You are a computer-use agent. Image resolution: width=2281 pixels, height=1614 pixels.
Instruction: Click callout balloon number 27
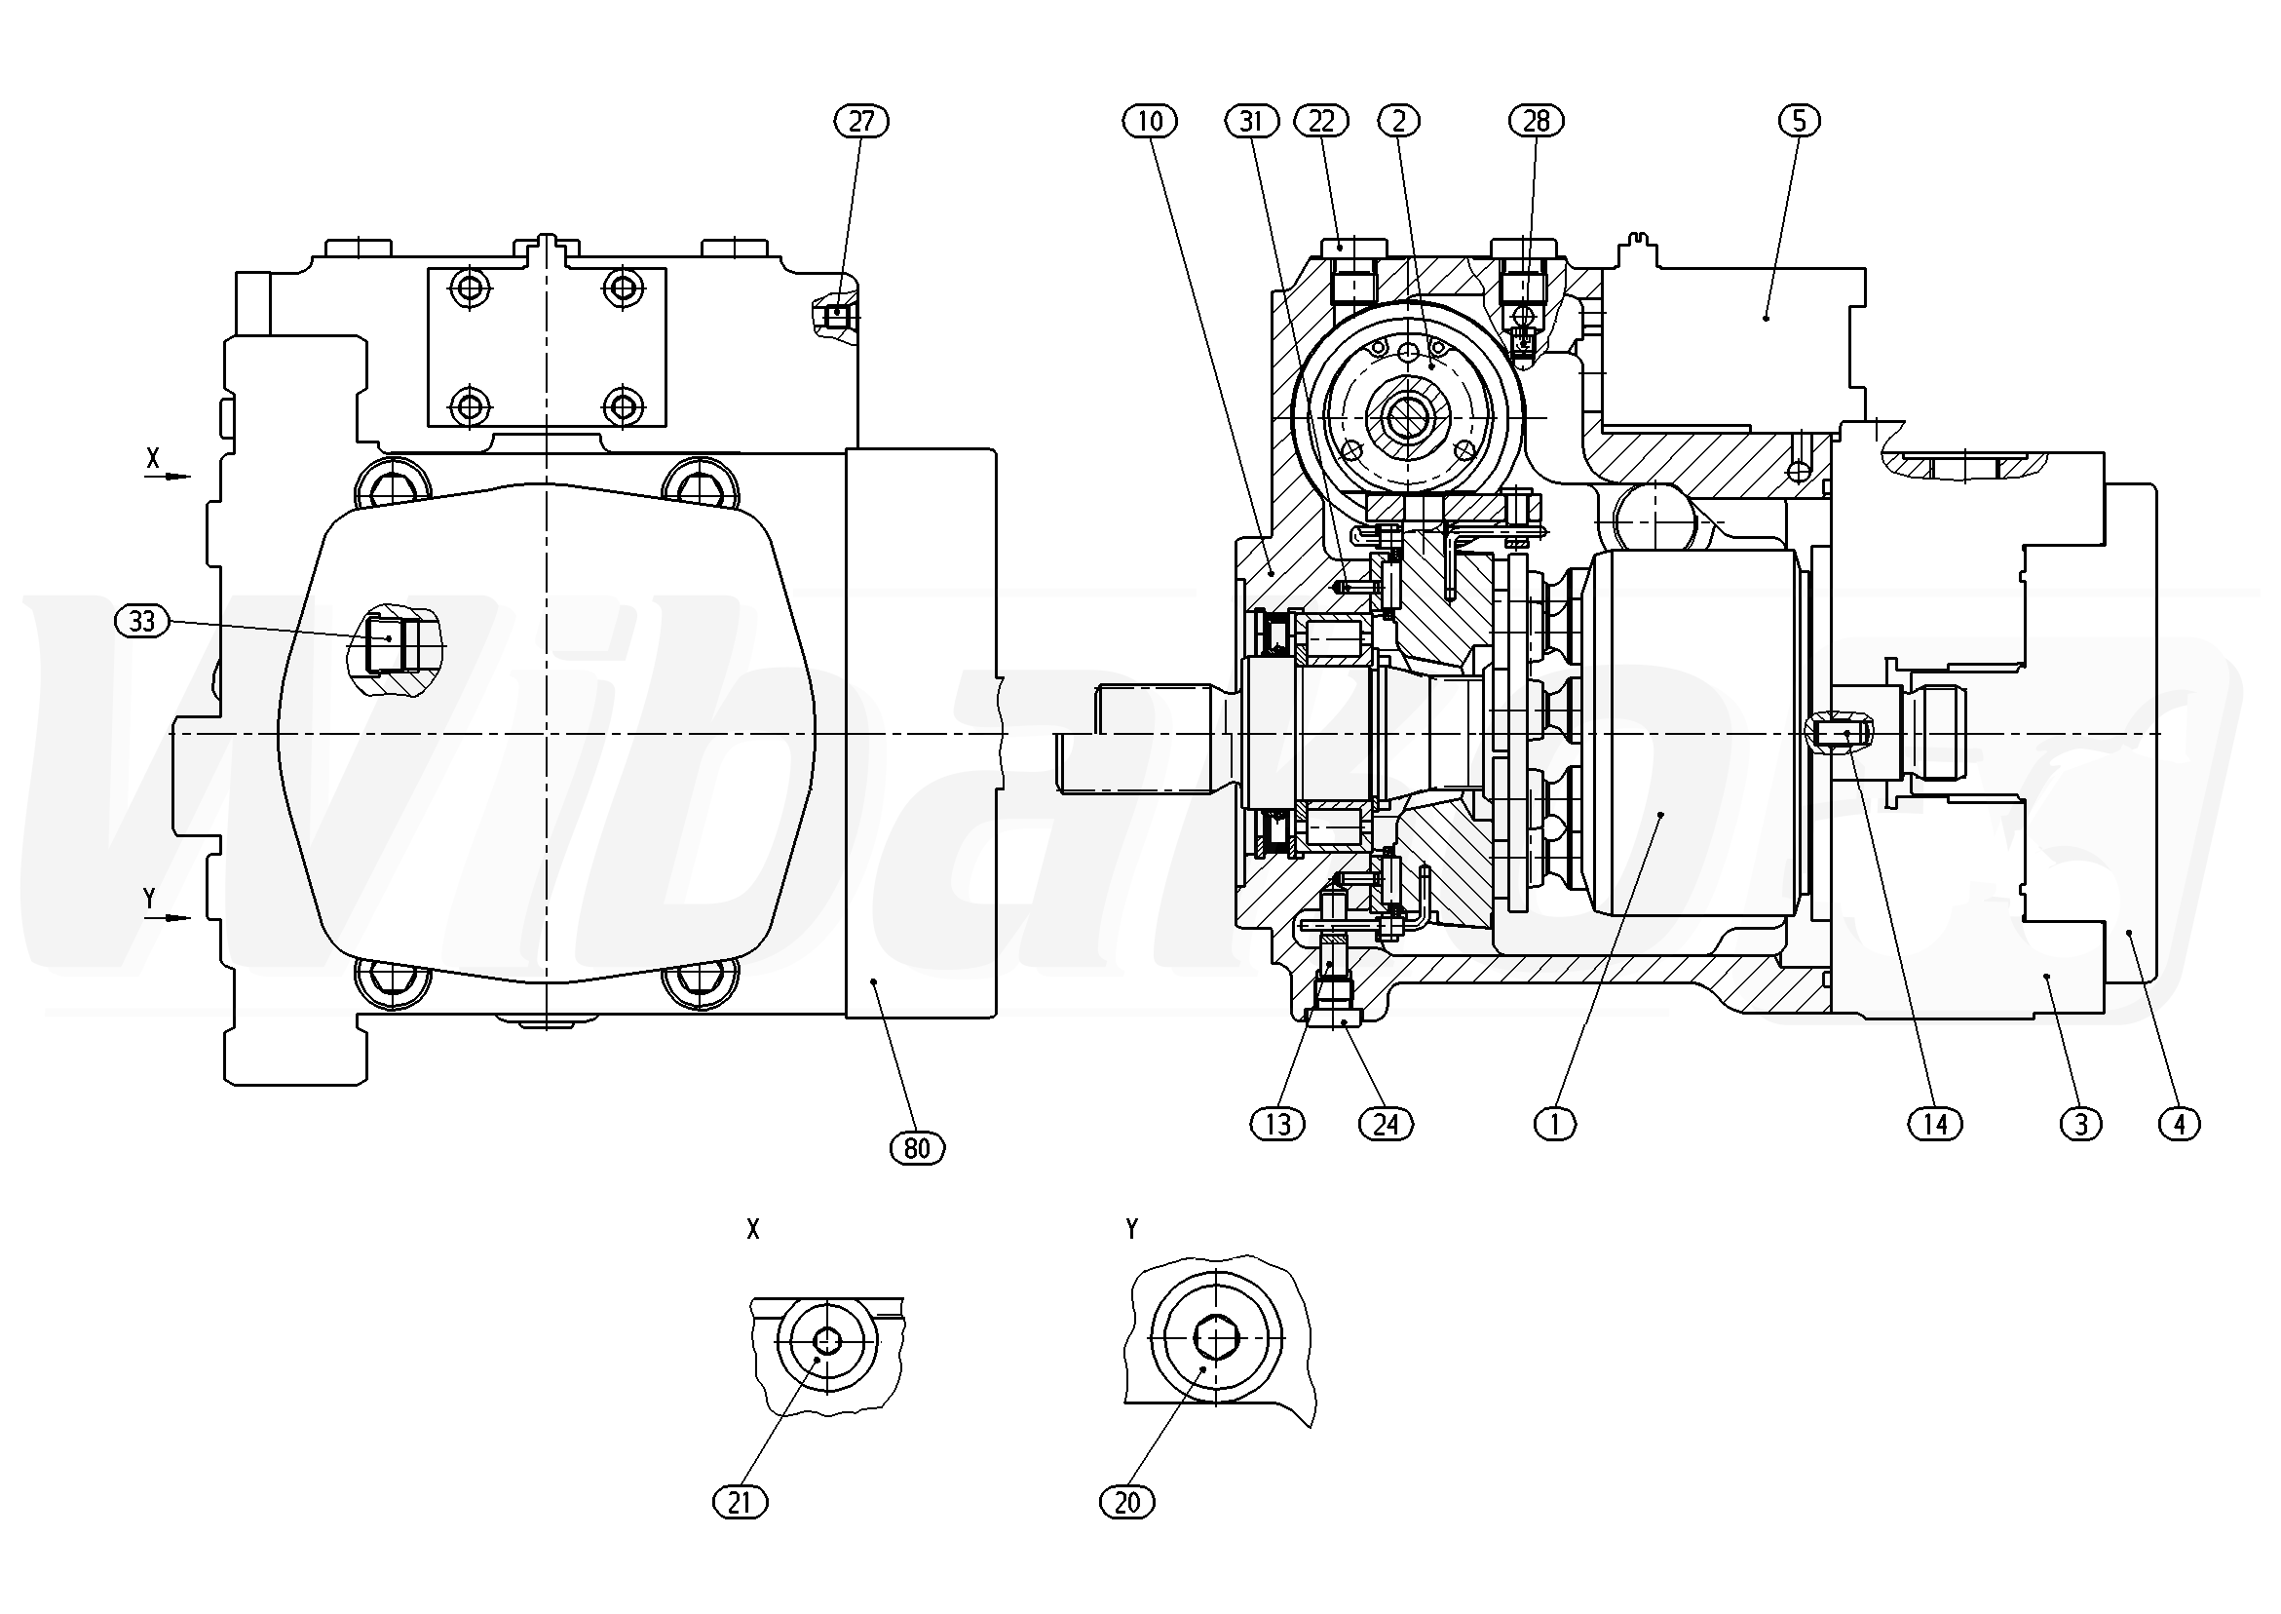pyautogui.click(x=860, y=121)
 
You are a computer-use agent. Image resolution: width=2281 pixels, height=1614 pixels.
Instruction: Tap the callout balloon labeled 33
pyautogui.click(x=142, y=622)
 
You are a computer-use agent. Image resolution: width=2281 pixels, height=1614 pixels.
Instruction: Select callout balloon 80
pyautogui.click(x=916, y=1149)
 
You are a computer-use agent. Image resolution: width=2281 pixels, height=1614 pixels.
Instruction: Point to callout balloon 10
pyautogui.click(x=1150, y=121)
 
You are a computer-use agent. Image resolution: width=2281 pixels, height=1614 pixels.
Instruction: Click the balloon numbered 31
pyautogui.click(x=1251, y=121)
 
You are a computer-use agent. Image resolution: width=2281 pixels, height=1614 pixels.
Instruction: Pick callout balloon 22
pyautogui.click(x=1321, y=121)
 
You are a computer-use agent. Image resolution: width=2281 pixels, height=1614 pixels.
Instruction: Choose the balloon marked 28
pyautogui.click(x=1536, y=121)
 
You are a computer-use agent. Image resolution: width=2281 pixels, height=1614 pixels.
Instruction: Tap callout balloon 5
pyautogui.click(x=1799, y=121)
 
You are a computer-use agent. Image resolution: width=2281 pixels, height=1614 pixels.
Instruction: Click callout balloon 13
pyautogui.click(x=1277, y=1124)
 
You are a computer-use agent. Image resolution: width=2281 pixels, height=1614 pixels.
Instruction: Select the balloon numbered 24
pyautogui.click(x=1385, y=1124)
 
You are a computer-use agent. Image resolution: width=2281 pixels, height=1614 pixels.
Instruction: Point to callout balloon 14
pyautogui.click(x=1935, y=1124)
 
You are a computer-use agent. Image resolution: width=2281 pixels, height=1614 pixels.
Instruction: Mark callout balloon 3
pyautogui.click(x=2081, y=1124)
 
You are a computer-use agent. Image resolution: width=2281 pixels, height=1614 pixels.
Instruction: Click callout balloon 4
pyautogui.click(x=2180, y=1124)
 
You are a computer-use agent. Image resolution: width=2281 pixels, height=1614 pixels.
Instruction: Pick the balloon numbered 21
pyautogui.click(x=741, y=1503)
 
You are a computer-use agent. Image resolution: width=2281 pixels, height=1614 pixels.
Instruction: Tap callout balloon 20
pyautogui.click(x=1127, y=1503)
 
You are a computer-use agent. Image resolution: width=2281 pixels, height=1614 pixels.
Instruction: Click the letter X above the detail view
pyautogui.click(x=753, y=1230)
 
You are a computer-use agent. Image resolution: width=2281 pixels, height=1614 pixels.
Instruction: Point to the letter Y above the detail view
pyautogui.click(x=1131, y=1230)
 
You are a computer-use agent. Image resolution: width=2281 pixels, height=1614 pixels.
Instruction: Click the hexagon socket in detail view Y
pyautogui.click(x=1214, y=1339)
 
